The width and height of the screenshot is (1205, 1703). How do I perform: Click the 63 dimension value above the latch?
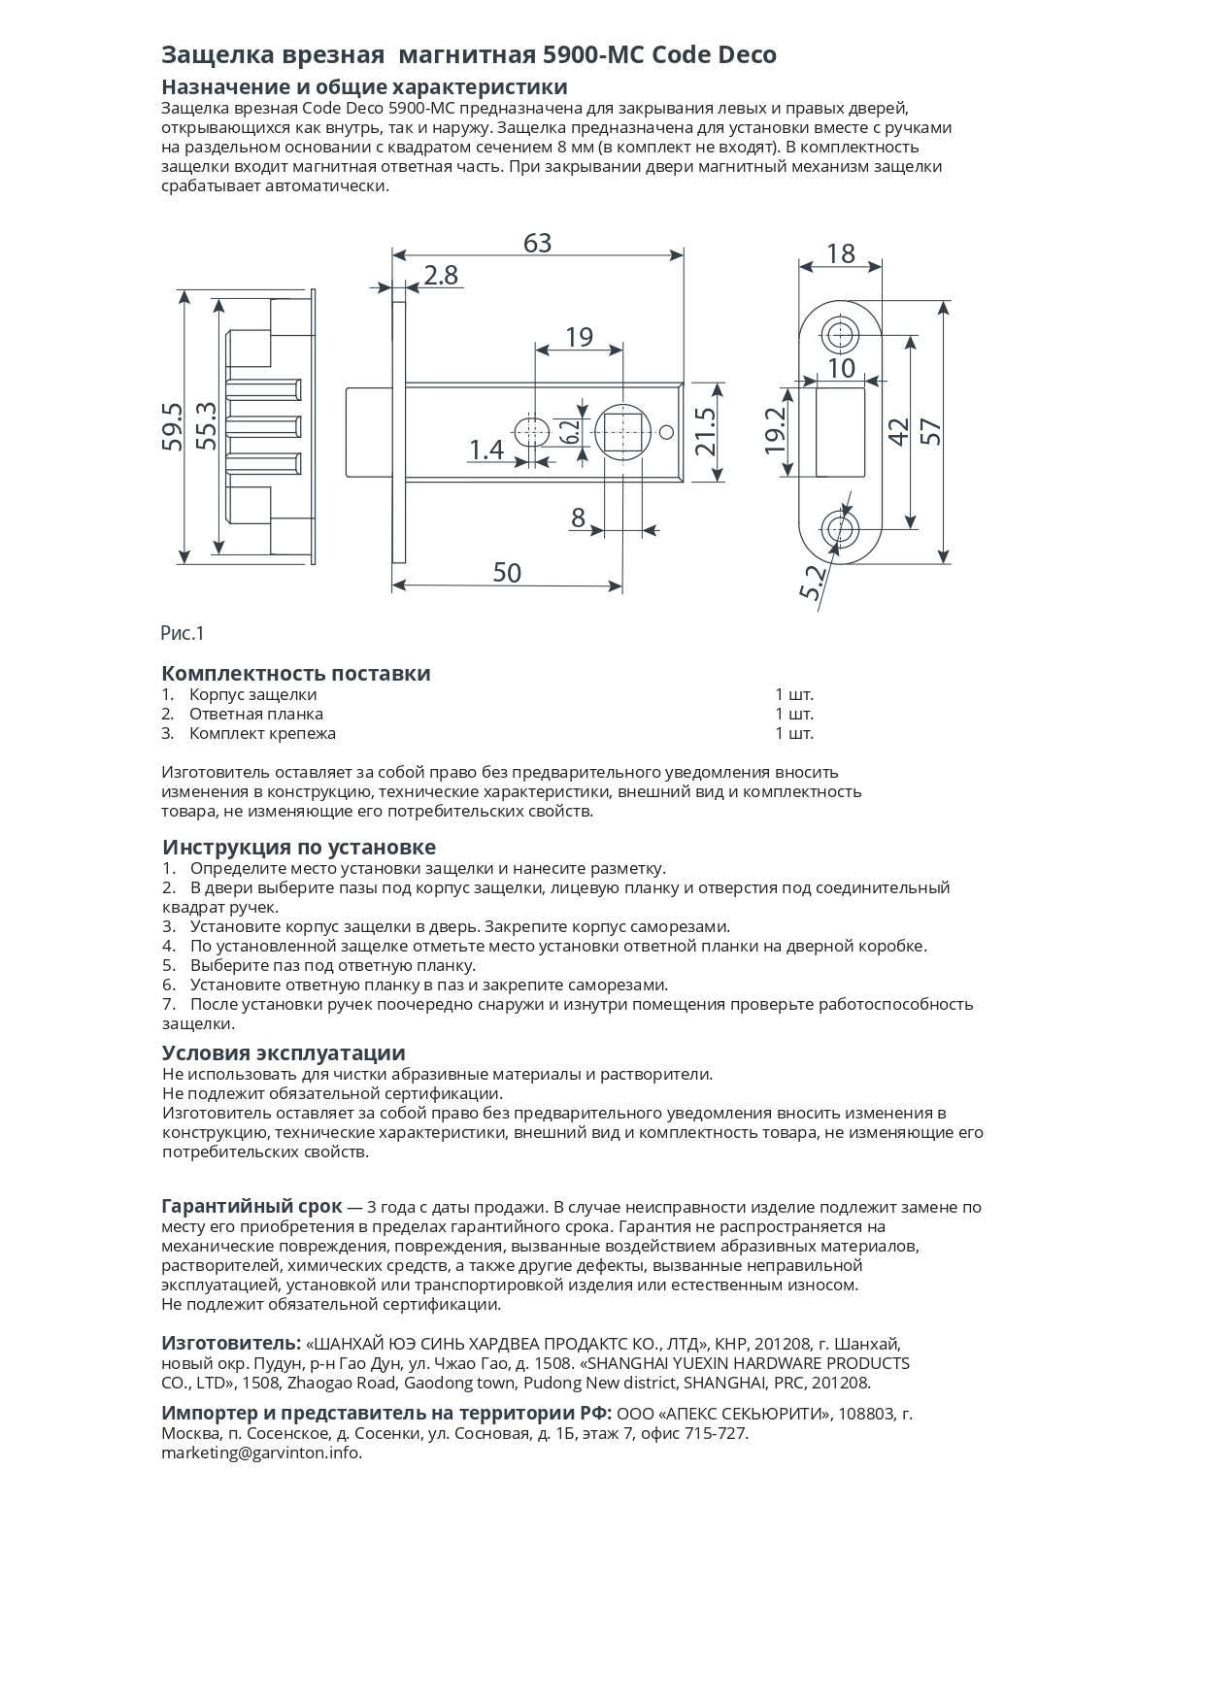click(537, 243)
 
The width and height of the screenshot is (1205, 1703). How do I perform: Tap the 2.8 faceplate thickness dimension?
click(440, 276)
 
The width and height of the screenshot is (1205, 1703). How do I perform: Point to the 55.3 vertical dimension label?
click(207, 426)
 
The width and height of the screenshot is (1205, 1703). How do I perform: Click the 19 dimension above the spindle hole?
click(579, 337)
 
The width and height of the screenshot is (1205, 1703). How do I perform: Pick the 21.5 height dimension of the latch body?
click(706, 431)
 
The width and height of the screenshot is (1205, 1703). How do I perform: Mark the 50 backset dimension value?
click(507, 573)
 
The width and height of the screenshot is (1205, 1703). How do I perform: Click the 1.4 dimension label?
click(486, 450)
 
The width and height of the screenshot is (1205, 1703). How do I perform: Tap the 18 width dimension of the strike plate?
click(840, 253)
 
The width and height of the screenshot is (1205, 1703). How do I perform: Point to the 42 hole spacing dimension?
click(898, 431)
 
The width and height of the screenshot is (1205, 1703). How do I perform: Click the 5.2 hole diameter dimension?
click(814, 583)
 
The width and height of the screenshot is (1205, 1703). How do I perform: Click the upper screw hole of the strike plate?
click(840, 336)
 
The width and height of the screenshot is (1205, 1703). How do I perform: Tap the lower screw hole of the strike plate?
click(840, 529)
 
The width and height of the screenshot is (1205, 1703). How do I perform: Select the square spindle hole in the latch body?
click(621, 432)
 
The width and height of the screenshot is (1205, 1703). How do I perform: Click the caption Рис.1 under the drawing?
click(183, 634)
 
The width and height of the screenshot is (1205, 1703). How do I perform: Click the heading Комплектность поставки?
click(295, 674)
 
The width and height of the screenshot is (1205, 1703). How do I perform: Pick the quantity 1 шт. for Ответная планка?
click(793, 715)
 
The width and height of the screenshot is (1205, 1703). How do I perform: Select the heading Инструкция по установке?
click(299, 847)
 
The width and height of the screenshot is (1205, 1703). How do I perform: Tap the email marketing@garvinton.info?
click(261, 1453)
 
